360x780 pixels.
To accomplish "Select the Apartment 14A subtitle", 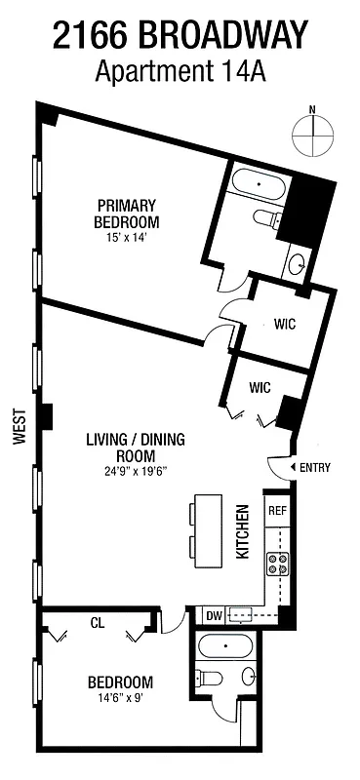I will point(180,72).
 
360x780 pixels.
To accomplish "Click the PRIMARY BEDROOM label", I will point(127,213).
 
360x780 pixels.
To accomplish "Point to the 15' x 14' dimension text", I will point(127,236).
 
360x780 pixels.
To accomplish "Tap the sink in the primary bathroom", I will point(297,262).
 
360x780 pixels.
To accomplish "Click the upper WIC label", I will point(284,324).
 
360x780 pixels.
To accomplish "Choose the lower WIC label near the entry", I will point(259,387).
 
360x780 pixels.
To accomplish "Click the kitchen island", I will point(207,532).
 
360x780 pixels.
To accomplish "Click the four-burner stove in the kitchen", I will point(277,562).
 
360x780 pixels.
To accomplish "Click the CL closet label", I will point(97,621).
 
